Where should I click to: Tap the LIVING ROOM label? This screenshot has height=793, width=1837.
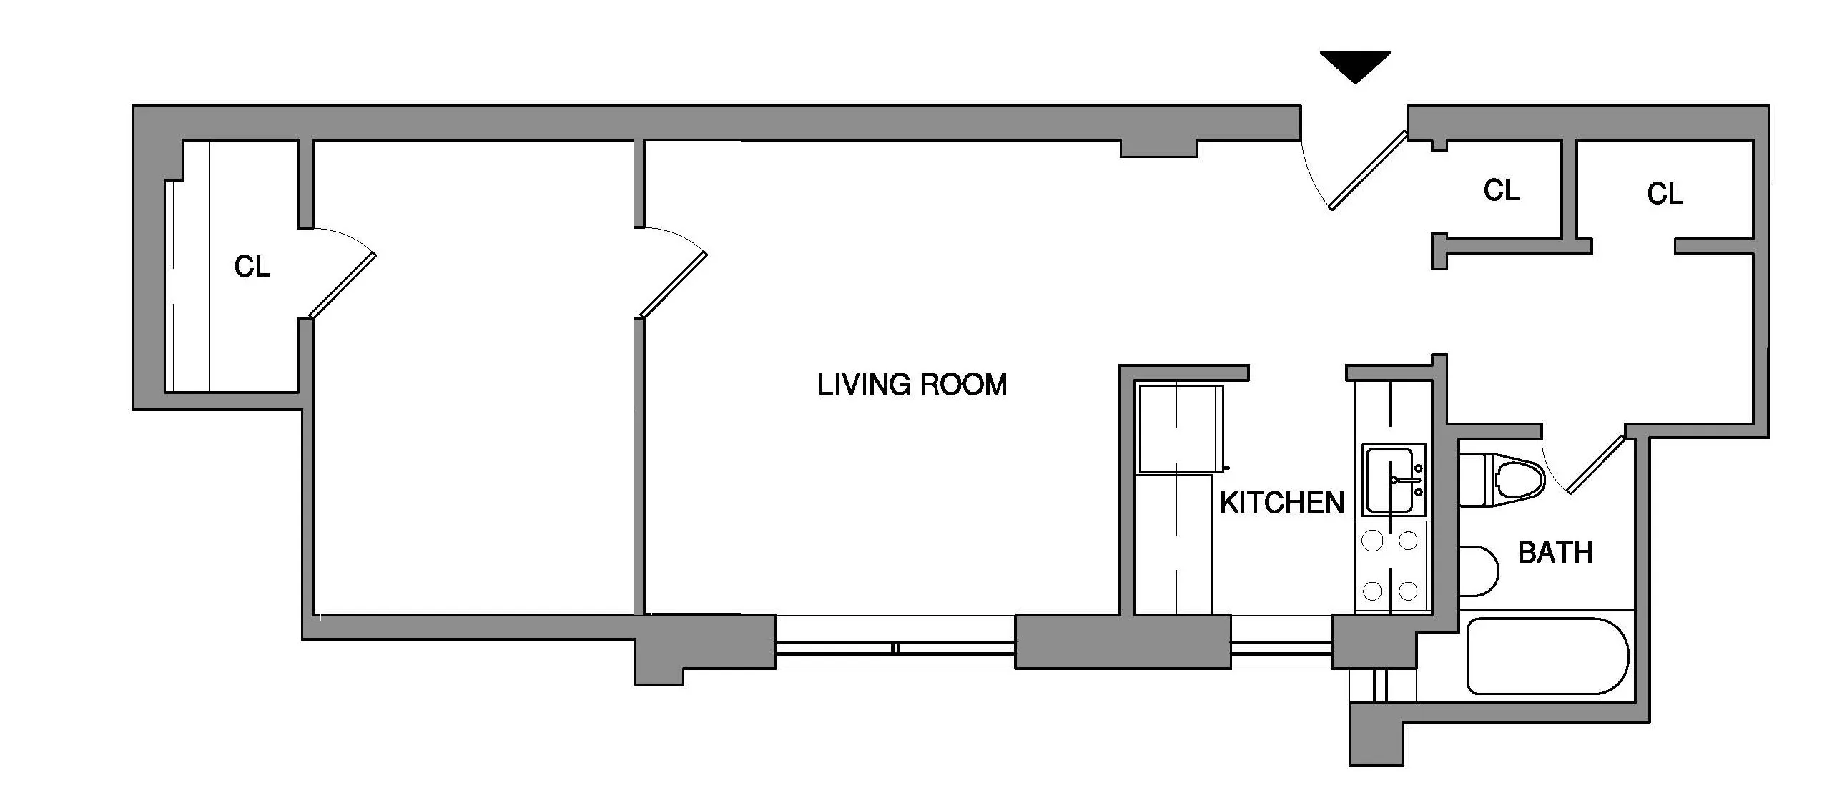912,385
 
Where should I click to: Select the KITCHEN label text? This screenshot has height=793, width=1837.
1281,503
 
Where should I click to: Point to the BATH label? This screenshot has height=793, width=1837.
1555,553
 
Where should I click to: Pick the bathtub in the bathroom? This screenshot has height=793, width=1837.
1547,656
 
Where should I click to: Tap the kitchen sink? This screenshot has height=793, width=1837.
1392,480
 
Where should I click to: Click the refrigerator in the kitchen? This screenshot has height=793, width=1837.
1181,429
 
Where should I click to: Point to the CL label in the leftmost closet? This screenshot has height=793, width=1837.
252,267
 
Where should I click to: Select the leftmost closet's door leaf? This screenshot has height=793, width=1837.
342,285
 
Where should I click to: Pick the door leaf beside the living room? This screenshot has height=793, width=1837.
673,285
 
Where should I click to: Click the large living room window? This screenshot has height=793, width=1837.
895,648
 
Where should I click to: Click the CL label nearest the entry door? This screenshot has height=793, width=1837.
1501,190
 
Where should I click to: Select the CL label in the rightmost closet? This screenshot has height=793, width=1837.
1665,194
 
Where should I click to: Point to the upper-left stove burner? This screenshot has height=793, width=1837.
1372,541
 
